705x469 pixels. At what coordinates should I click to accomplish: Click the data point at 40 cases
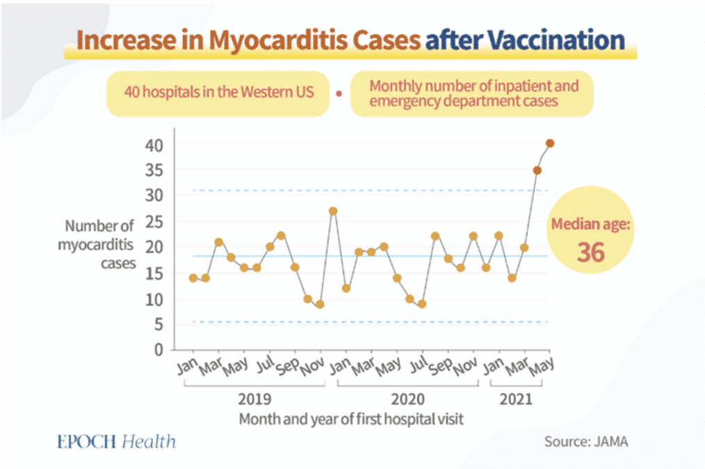550,143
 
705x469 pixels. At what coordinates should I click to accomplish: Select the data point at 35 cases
537,170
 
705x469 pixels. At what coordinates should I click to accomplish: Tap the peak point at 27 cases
333,211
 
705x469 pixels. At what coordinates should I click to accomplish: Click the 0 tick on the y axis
157,349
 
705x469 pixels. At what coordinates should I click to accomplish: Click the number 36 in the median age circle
590,252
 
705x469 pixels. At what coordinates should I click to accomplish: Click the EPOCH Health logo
117,442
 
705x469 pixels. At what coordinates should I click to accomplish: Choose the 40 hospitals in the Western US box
216,93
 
